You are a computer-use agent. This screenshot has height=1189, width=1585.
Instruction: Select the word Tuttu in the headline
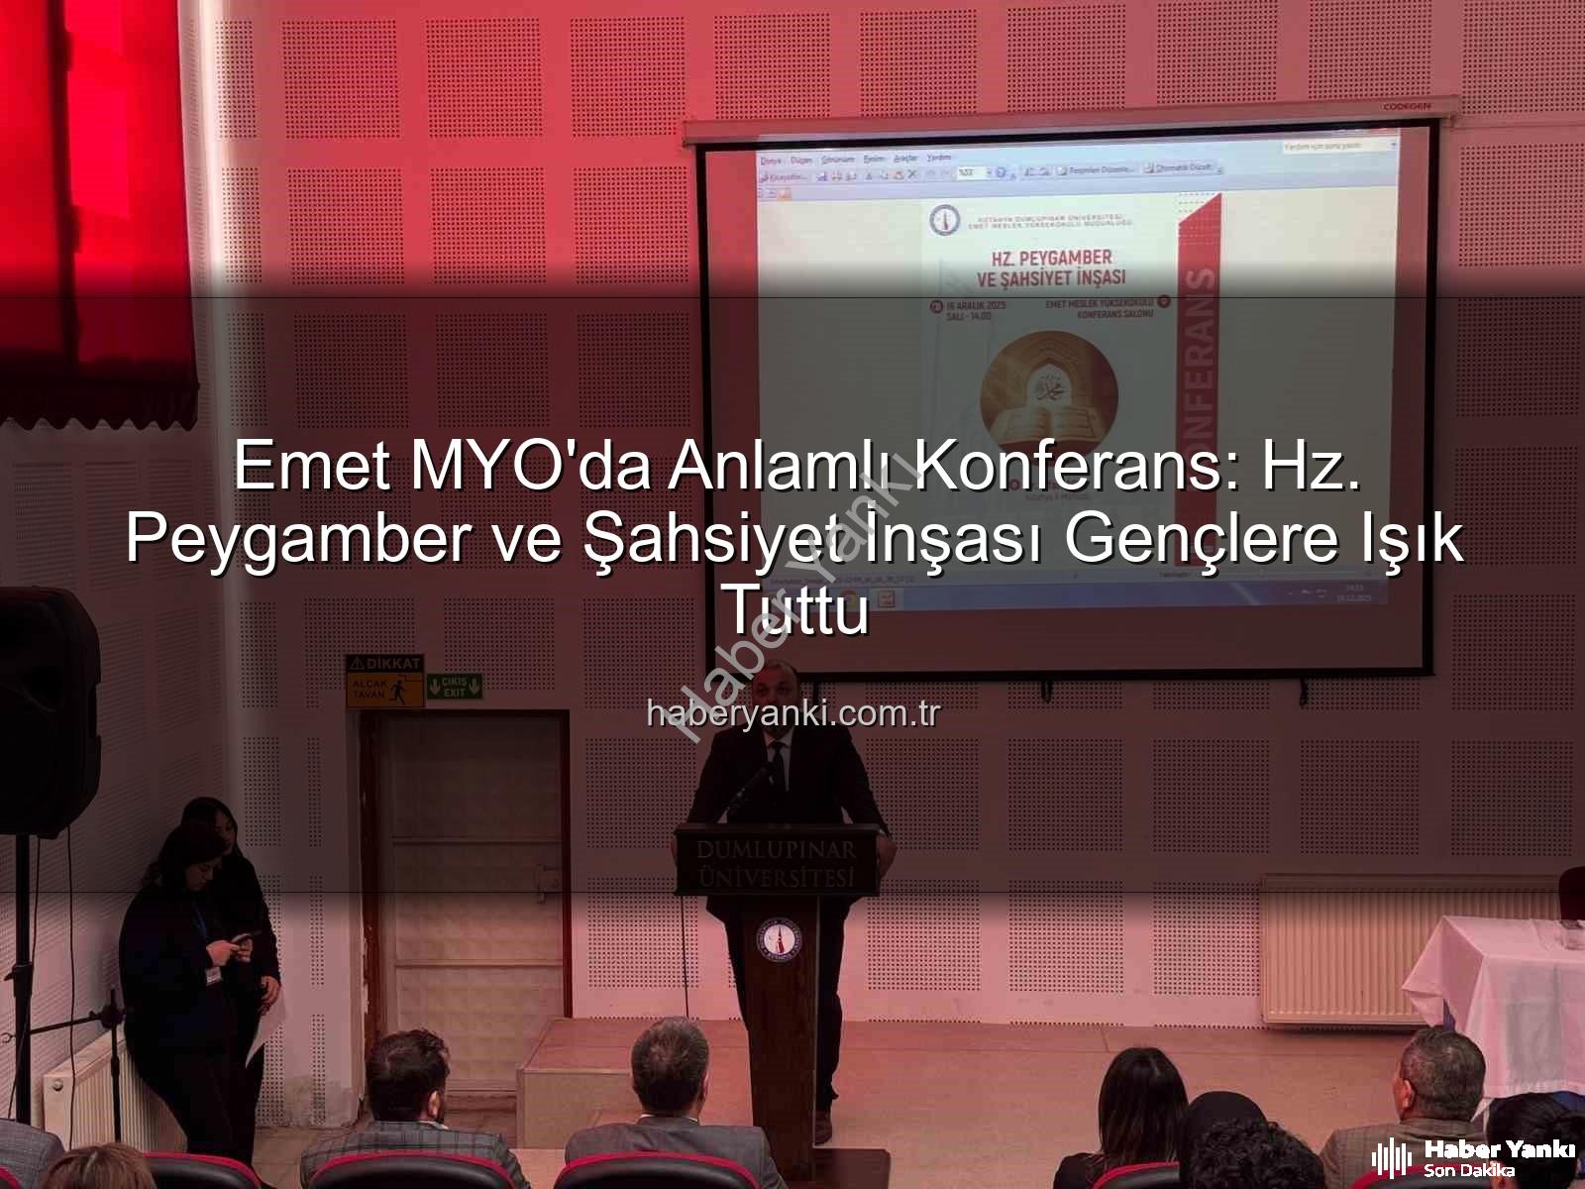(797, 612)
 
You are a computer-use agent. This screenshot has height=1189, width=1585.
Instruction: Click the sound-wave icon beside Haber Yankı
(1391, 1157)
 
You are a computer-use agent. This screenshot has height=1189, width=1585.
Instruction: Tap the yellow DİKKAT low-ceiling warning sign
(384, 681)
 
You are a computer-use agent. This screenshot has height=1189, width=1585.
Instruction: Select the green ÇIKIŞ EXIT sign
(454, 685)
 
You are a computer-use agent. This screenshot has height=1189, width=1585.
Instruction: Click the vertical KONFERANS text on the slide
(1195, 367)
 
